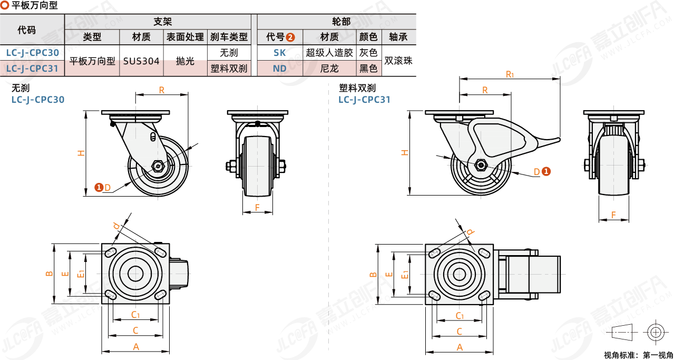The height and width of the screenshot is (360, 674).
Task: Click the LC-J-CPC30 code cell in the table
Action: point(32,53)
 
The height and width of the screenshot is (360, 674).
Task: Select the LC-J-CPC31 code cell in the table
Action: point(32,68)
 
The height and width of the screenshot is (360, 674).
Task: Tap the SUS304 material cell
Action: point(141,61)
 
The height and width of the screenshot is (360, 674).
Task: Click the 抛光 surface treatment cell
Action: point(185,61)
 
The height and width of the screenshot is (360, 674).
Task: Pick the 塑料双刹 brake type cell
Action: point(229,68)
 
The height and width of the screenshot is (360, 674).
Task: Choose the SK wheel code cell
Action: point(280,53)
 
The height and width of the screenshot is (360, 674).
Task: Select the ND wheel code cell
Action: point(280,68)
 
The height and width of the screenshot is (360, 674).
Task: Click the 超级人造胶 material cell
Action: point(329,53)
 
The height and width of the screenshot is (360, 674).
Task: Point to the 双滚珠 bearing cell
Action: point(398,61)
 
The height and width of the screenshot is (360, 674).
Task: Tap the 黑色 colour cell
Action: point(368,68)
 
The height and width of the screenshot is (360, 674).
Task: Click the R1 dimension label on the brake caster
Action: point(510,74)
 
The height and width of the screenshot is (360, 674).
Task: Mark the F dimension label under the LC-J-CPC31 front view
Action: point(614,215)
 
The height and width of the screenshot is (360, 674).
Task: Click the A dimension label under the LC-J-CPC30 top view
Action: point(135,346)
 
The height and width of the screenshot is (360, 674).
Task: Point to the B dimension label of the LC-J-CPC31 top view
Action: point(373,274)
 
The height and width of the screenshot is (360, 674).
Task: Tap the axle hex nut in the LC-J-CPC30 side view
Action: point(158,166)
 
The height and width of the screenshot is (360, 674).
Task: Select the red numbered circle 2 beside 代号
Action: point(290,37)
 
